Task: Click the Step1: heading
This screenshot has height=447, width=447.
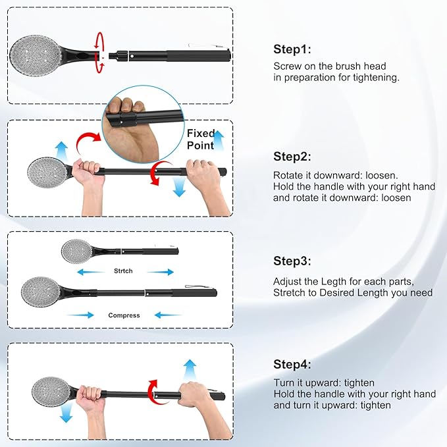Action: point(292,49)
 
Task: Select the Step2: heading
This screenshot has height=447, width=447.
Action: point(292,157)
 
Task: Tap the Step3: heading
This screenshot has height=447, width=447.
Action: point(292,261)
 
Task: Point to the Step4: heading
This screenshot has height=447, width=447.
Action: point(292,364)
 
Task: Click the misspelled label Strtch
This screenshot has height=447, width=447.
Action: point(123,271)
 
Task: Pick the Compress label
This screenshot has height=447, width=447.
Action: point(124,315)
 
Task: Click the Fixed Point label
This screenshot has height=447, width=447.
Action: point(201,140)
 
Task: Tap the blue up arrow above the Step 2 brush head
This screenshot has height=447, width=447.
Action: point(62,150)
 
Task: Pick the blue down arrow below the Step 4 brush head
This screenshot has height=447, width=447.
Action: point(66,413)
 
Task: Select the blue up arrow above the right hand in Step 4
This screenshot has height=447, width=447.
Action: point(190,369)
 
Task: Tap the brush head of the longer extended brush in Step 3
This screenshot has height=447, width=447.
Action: point(41,292)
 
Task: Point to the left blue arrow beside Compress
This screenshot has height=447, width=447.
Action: point(80,315)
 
